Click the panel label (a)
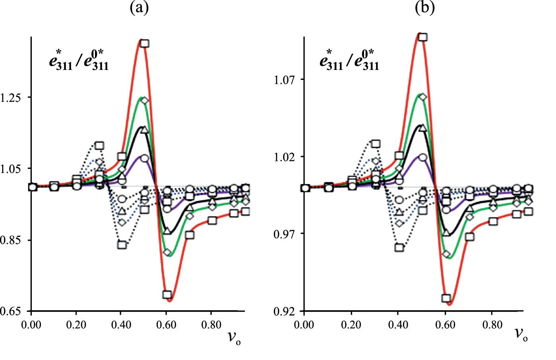139,7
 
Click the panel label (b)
424,7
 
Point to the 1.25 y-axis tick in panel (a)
11,97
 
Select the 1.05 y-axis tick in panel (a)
11,168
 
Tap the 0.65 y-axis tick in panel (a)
11,311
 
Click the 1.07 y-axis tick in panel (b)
285,80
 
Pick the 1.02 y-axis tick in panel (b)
285,157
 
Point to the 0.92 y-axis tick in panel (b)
285,311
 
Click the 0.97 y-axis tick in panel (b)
285,234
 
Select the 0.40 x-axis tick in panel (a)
121,325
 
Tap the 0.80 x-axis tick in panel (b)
492,325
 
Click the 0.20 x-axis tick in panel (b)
351,325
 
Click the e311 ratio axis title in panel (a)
79,60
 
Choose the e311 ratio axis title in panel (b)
349,60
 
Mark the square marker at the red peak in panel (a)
145,43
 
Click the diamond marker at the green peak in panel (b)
423,97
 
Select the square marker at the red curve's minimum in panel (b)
446,298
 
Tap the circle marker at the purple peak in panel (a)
145,158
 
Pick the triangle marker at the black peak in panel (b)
423,128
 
